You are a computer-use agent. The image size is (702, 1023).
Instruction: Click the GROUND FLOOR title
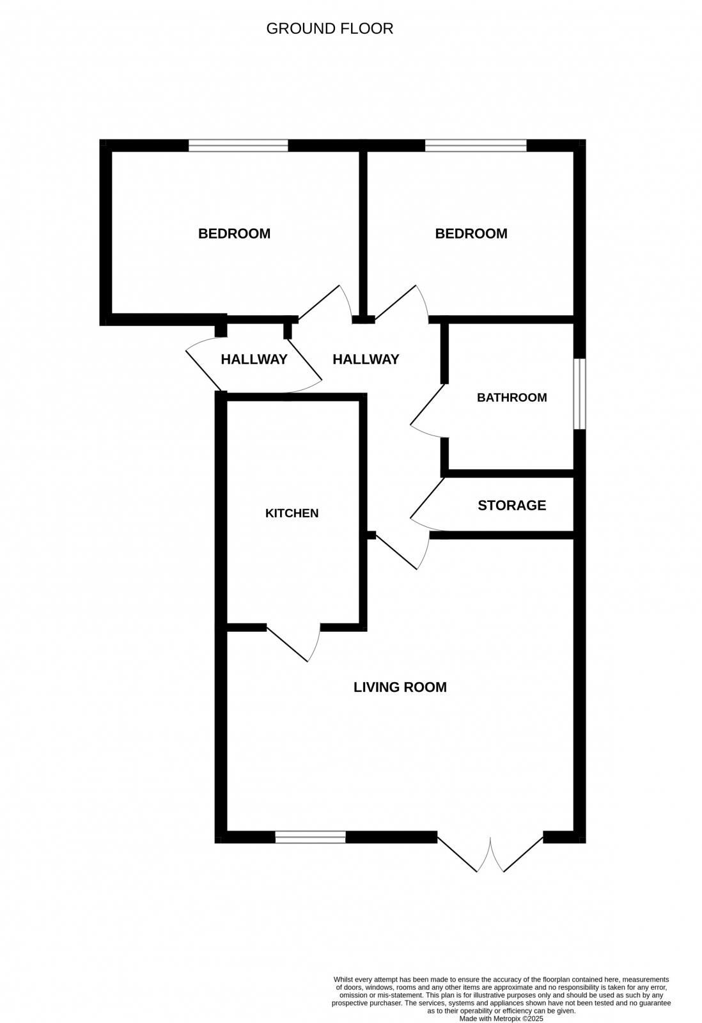329,29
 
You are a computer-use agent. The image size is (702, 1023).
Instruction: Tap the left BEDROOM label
234,233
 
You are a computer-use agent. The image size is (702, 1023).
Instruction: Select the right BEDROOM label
471,233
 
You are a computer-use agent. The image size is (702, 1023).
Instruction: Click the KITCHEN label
292,513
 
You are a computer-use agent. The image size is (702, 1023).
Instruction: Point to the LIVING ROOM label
400,687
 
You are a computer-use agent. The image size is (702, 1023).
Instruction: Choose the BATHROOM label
511,397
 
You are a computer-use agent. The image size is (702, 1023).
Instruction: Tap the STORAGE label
511,505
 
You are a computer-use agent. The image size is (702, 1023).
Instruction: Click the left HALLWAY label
254,359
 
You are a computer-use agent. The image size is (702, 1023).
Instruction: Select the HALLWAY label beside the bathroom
366,359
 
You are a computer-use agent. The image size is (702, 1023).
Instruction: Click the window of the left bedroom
238,146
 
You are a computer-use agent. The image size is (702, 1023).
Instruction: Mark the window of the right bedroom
475,146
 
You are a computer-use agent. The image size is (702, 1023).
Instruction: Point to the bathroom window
579,393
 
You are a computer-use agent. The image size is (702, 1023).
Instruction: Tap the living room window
310,837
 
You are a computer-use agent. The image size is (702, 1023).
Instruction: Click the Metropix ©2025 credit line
501,1018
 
